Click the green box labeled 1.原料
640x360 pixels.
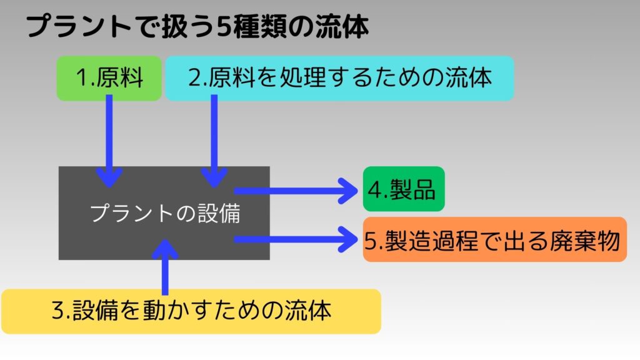point(109,78)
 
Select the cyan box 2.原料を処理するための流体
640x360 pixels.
point(339,78)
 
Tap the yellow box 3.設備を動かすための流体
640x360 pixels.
point(191,311)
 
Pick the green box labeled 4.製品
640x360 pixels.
point(404,189)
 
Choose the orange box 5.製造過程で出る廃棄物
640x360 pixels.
point(495,239)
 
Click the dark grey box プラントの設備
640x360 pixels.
point(164,213)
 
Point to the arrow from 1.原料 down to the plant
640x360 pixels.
point(109,141)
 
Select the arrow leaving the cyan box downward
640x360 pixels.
point(214,141)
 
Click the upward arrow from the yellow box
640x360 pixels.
point(165,267)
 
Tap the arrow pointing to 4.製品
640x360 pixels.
point(296,191)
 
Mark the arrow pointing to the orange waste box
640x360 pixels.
point(296,239)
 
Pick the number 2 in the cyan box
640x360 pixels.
point(195,77)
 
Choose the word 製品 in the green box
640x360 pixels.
point(412,189)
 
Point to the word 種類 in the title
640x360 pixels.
point(260,27)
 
